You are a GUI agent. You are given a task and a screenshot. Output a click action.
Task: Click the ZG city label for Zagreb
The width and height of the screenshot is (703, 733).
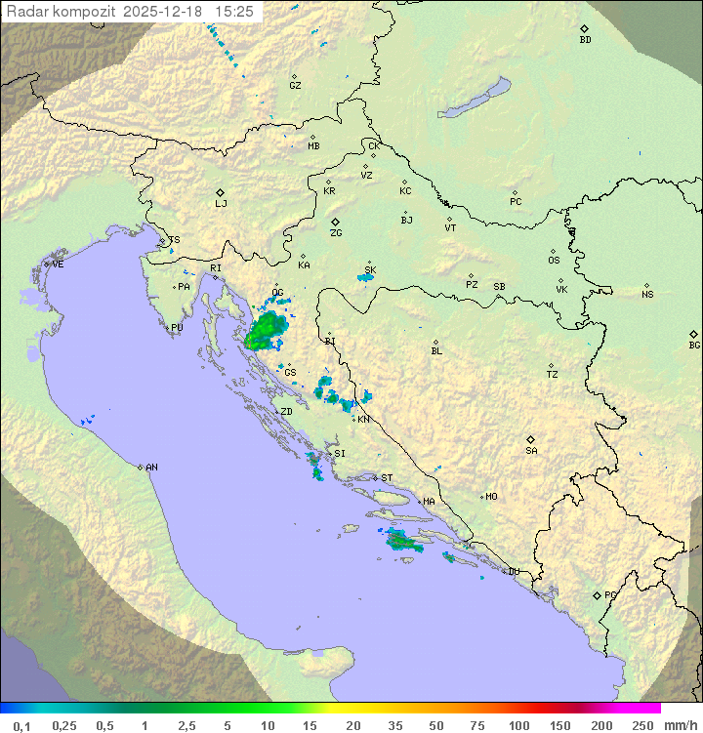point(336,233)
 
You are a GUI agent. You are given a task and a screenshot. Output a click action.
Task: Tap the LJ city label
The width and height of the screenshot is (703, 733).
point(221,204)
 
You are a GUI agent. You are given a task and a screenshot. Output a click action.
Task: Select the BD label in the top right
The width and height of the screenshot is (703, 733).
point(585,40)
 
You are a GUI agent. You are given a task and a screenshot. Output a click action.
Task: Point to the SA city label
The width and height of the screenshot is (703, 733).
point(531,450)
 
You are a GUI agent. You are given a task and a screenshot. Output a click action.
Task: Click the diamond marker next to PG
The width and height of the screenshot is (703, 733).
point(598,594)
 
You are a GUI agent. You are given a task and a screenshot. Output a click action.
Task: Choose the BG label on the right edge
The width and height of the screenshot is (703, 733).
point(694,345)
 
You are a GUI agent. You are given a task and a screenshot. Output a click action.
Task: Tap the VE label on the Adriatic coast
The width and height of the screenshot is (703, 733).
point(58,265)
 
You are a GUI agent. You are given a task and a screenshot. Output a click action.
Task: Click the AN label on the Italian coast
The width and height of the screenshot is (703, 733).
point(151,468)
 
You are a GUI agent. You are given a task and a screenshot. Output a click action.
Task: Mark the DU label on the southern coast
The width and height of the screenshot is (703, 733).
point(513,572)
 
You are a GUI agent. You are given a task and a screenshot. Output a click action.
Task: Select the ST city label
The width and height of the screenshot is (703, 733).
point(387,478)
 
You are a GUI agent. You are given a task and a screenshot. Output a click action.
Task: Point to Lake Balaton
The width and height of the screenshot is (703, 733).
point(474,98)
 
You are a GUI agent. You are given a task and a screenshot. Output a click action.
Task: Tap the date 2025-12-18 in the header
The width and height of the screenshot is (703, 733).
point(166,11)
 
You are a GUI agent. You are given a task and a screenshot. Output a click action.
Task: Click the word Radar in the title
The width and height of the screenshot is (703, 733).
point(25,11)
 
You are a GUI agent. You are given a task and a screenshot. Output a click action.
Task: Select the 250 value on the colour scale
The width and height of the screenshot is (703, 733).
point(641,725)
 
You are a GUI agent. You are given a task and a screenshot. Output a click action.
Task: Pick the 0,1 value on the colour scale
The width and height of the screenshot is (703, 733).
point(21,725)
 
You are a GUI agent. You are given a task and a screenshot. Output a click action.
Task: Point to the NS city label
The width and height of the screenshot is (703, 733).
point(647,294)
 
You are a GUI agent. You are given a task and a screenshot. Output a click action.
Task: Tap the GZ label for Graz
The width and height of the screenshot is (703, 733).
point(295,85)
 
